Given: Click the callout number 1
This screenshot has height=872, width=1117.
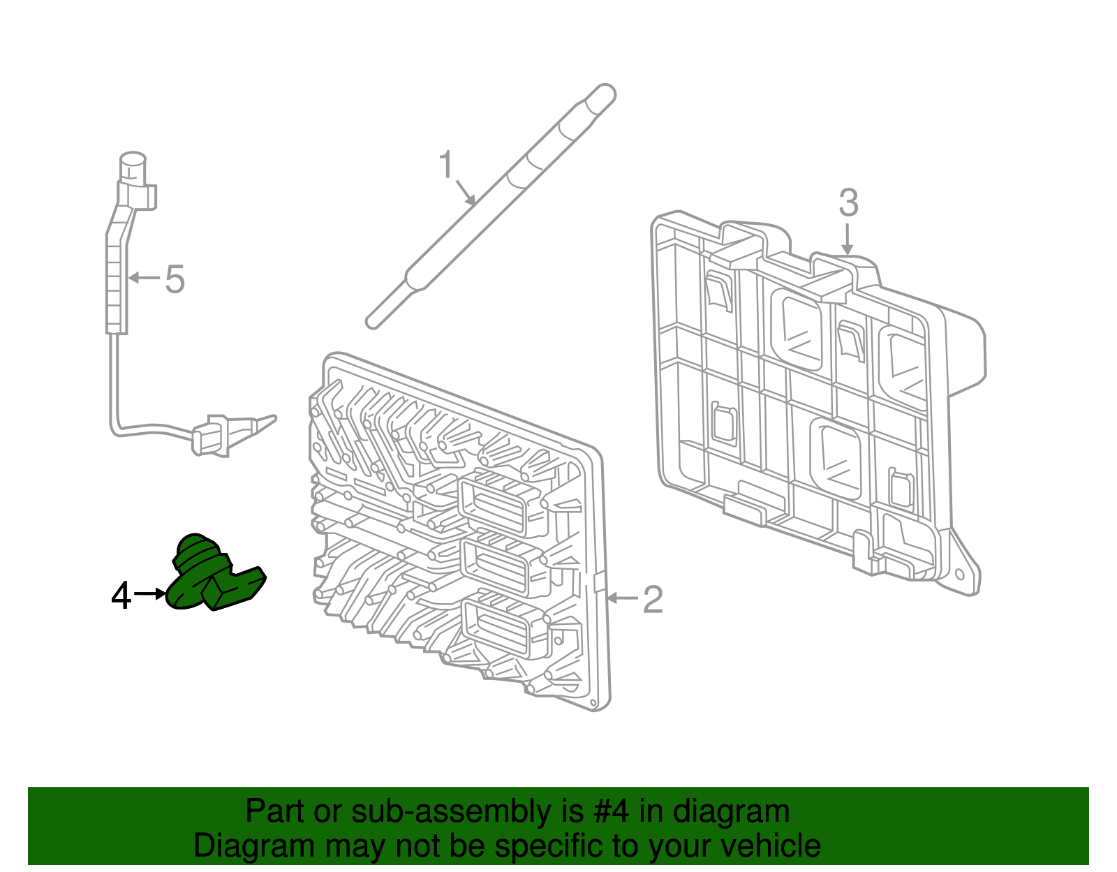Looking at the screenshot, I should point(446,165).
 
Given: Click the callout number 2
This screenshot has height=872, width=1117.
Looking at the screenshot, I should point(652,599).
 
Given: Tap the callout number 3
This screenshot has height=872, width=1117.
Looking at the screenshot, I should point(848,202).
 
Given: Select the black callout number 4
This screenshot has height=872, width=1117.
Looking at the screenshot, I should point(121,596).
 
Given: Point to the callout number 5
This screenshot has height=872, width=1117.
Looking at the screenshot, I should point(175,279).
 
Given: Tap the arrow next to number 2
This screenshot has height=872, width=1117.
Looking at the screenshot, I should point(623,598).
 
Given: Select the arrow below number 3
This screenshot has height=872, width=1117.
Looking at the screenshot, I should point(847,239).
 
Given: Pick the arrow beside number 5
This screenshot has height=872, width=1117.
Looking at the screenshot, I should point(145,278).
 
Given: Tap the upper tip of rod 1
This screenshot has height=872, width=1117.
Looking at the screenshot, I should point(600,96).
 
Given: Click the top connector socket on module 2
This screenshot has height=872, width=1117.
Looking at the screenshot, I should point(494,503).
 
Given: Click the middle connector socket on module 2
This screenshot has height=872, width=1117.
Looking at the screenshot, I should point(497,564).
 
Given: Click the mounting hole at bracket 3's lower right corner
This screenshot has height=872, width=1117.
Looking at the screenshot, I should point(960,577).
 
